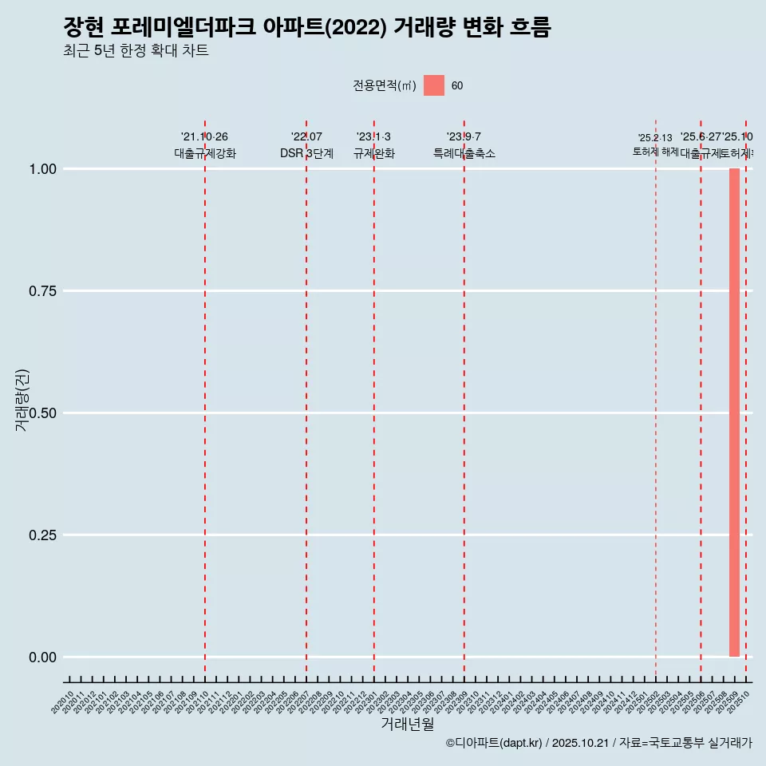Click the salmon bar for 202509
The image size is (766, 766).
(x=734, y=413)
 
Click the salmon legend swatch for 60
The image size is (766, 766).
(x=433, y=85)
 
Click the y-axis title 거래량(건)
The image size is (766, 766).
(x=22, y=401)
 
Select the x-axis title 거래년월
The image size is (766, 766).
(x=408, y=724)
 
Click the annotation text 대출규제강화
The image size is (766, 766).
(x=205, y=153)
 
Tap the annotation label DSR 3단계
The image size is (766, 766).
(x=306, y=153)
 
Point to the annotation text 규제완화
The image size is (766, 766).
(x=373, y=153)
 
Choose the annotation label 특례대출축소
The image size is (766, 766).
(x=464, y=153)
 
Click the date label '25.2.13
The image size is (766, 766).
(x=655, y=138)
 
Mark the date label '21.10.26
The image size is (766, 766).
(x=204, y=137)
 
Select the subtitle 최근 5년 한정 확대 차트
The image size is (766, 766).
(x=136, y=51)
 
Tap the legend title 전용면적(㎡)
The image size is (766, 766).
(x=384, y=86)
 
